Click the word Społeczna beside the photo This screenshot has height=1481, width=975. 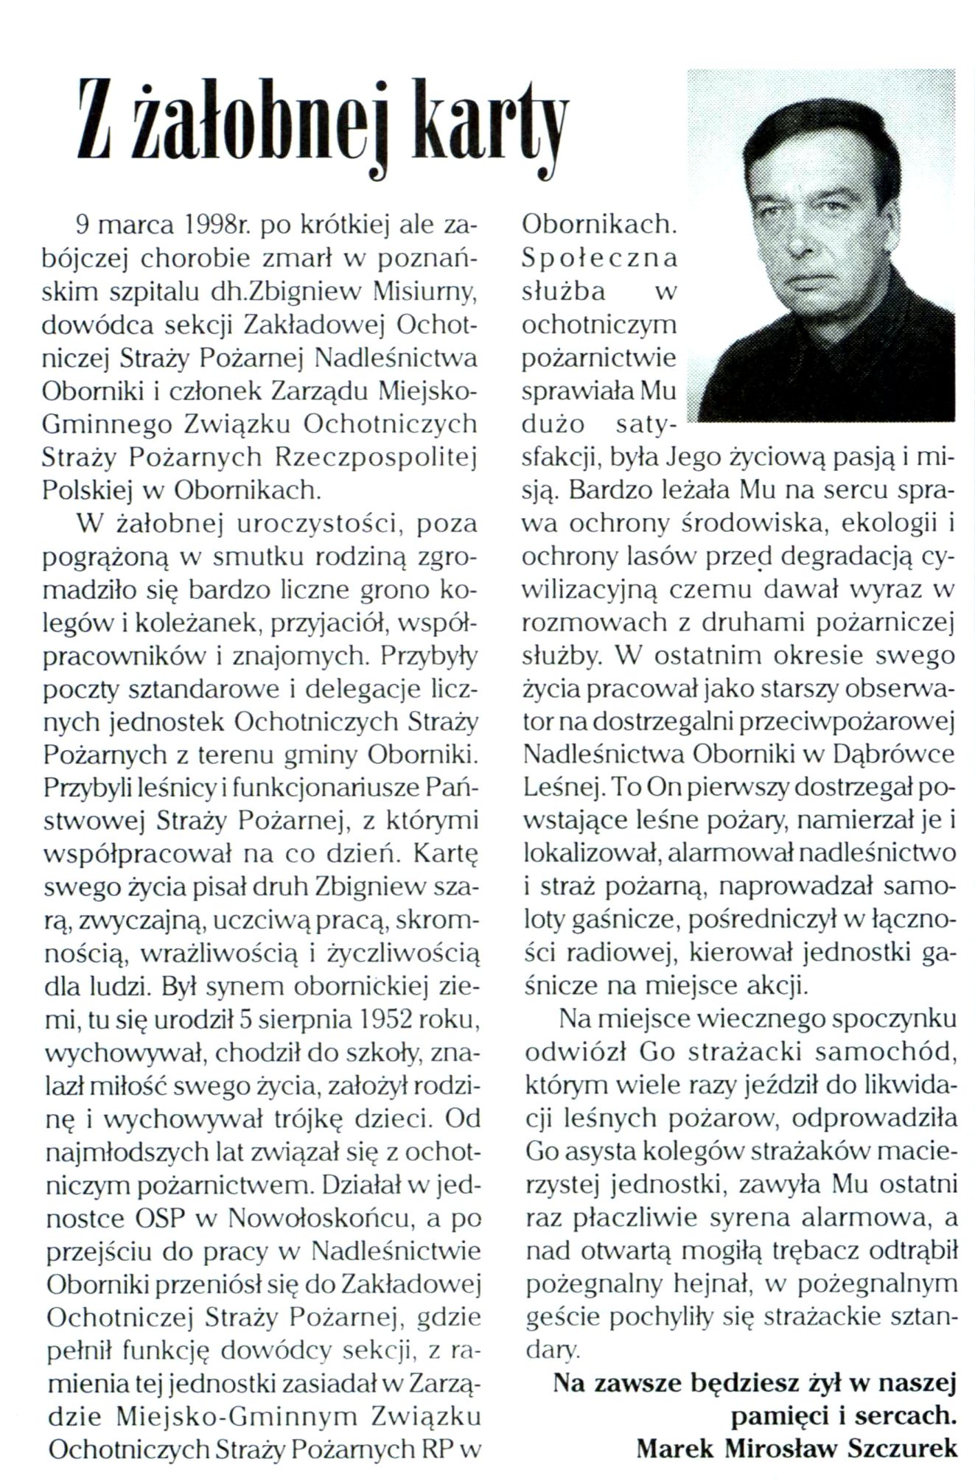599,258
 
